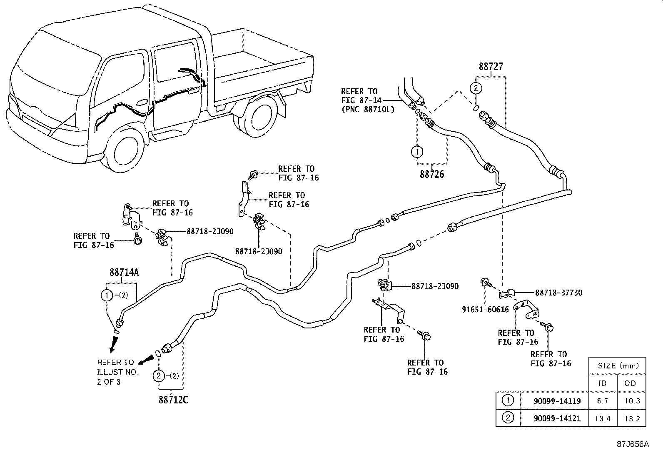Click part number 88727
pyautogui.click(x=491, y=67)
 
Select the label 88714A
pyautogui.click(x=124, y=273)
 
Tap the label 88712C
pyautogui.click(x=173, y=400)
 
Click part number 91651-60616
pyautogui.click(x=485, y=310)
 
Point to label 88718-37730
pyautogui.click(x=558, y=293)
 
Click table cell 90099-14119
pyautogui.click(x=557, y=401)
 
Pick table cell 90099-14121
pyautogui.click(x=557, y=418)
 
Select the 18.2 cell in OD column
pyautogui.click(x=632, y=418)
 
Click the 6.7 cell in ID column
pyautogui.click(x=602, y=401)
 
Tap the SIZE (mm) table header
pyautogui.click(x=618, y=366)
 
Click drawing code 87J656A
pyautogui.click(x=633, y=444)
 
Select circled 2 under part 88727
pyautogui.click(x=476, y=88)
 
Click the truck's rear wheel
pyautogui.click(x=254, y=115)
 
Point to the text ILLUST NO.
pyautogui.click(x=118, y=372)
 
